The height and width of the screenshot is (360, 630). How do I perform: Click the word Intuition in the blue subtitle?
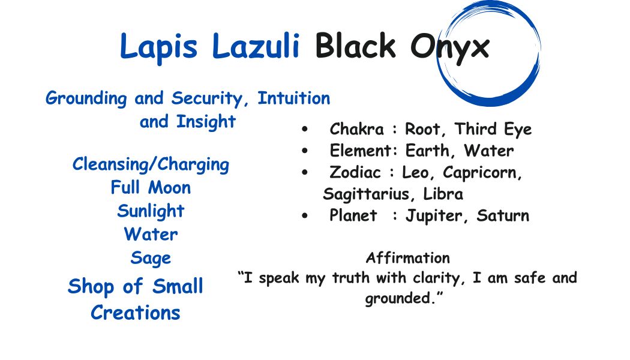pos(293,98)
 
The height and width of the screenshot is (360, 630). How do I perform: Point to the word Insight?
pos(206,122)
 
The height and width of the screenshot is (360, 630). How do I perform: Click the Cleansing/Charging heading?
pos(151,164)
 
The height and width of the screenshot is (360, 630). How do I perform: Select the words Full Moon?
pos(151,188)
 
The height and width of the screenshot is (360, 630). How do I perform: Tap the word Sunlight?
pos(151,211)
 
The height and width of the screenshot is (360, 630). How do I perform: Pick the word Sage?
pos(151,259)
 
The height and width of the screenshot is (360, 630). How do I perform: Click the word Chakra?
pos(356,130)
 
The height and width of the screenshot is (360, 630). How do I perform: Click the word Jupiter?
pos(435,216)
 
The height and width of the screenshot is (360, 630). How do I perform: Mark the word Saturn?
pos(503,216)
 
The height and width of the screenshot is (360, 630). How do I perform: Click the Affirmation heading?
pos(408,258)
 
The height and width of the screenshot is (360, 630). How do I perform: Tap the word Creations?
pos(136,313)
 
